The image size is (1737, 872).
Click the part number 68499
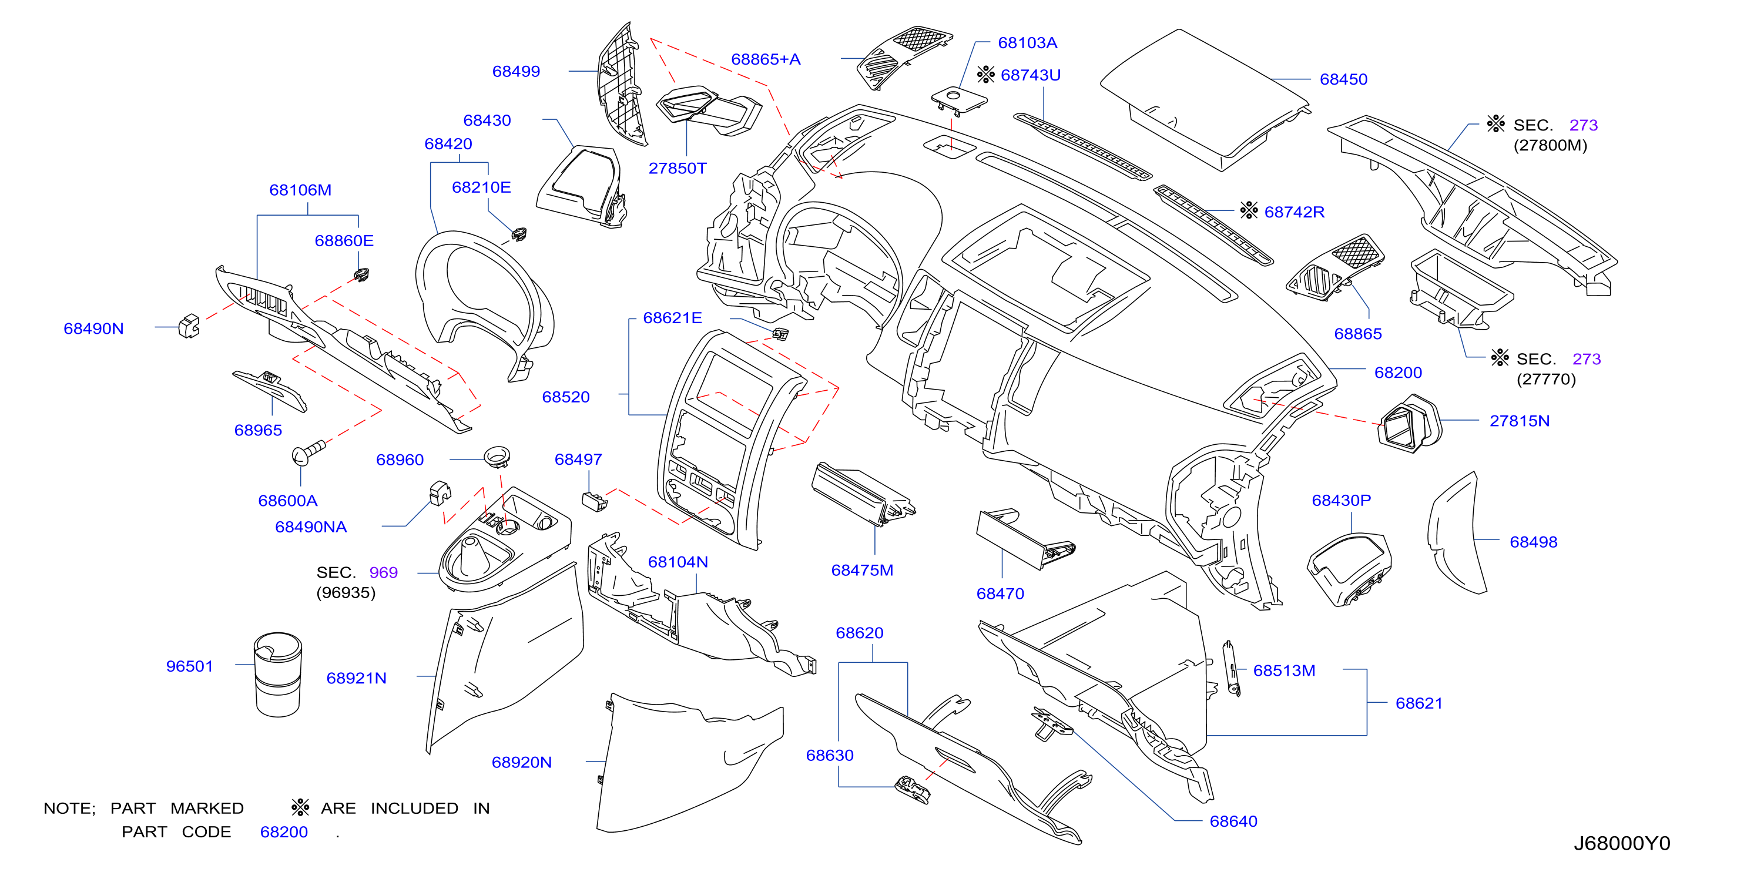pos(516,71)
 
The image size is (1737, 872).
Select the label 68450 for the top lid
pos(1343,79)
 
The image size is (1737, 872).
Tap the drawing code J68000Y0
pos(1622,843)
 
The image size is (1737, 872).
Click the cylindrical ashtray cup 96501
pos(278,674)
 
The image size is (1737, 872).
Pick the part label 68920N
pos(521,762)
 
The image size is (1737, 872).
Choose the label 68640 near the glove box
pos(1233,821)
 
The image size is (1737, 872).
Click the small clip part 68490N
pos(189,326)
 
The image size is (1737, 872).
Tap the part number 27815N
pos(1519,421)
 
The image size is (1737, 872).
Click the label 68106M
pos(300,190)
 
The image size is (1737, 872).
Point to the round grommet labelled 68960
pos(497,456)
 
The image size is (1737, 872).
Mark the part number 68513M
pos(1284,670)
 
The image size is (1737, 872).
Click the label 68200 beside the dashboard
pos(1398,373)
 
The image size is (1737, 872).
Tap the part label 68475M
pos(862,570)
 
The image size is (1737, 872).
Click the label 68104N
pos(678,562)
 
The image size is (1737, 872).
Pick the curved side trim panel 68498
pos(1457,533)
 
